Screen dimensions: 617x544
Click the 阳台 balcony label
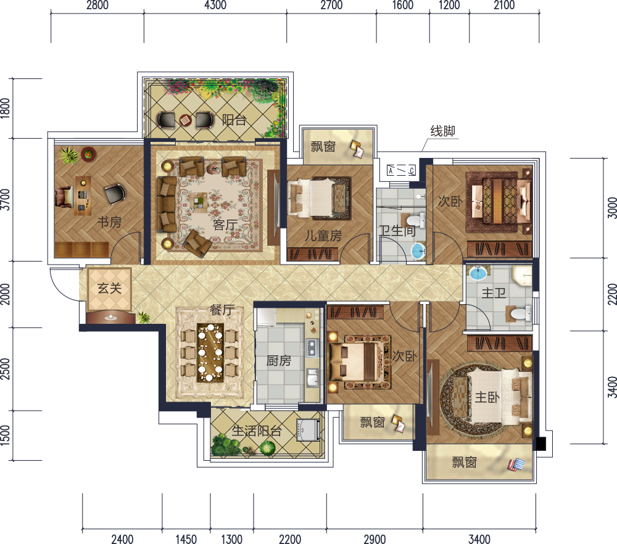click(234, 120)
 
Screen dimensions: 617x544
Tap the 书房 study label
click(109, 222)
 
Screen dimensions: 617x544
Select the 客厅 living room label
click(225, 225)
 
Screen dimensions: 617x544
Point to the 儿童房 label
click(323, 236)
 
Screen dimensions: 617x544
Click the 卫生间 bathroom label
click(397, 231)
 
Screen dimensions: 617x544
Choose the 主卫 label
click(494, 292)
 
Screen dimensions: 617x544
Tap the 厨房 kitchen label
click(279, 360)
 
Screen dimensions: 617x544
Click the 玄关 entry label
click(109, 288)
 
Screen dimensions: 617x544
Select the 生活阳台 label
click(257, 431)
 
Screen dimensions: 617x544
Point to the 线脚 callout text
click(442, 131)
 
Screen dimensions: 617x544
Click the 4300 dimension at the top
click(215, 5)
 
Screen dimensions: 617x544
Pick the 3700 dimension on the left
click(5, 199)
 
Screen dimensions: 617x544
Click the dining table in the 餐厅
click(210, 352)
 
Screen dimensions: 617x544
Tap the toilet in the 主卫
click(520, 313)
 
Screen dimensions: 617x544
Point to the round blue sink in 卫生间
click(418, 251)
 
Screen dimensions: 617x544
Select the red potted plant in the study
click(88, 154)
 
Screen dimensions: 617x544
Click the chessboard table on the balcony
click(185, 120)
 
